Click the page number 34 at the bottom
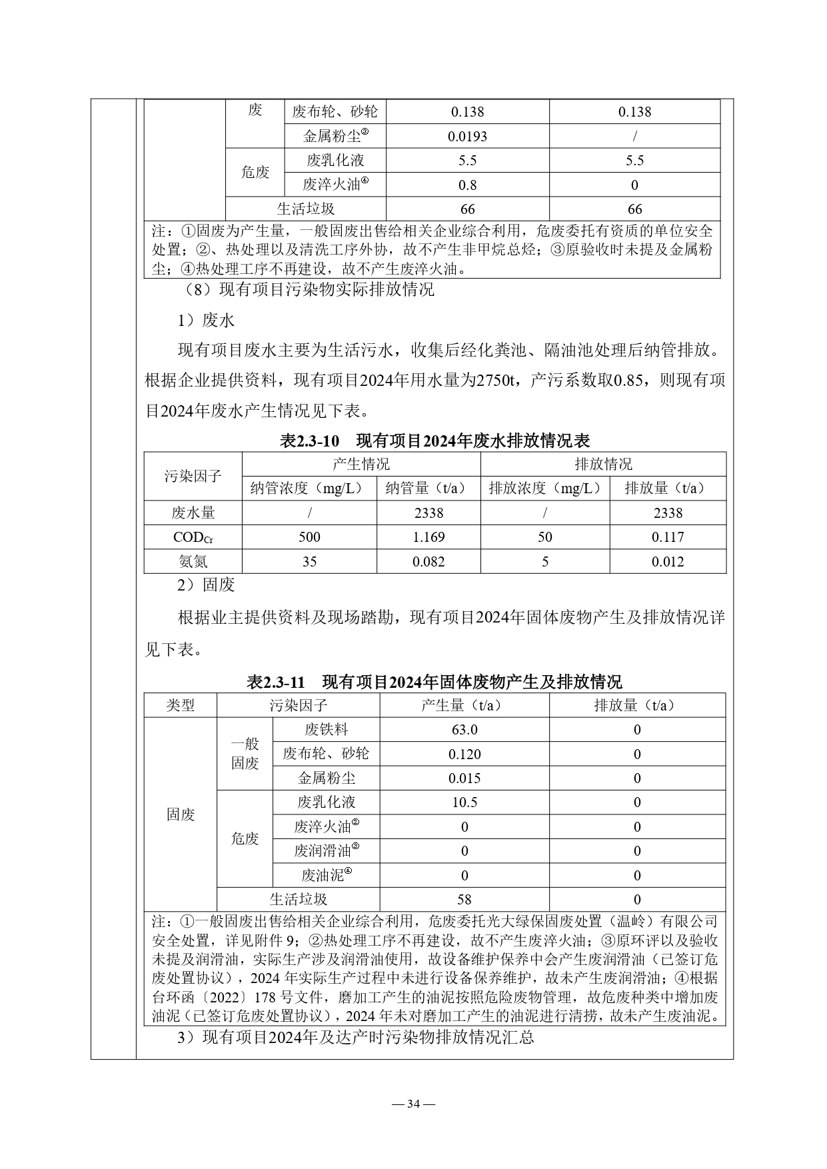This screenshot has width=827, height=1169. pos(413,1104)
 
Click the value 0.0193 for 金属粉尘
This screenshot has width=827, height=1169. pos(467,136)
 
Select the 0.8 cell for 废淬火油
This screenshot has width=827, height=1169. pos(467,185)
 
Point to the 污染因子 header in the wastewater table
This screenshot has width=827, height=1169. pos(193,476)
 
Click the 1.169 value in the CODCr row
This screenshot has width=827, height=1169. pos(428,537)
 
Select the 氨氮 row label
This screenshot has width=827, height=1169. pos(193,561)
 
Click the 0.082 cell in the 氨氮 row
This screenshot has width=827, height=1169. pos(428,561)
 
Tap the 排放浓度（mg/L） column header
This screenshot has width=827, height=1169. pos(544,488)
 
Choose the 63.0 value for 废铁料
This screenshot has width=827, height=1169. pos(464,729)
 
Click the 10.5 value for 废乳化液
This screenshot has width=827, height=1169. pos(464,802)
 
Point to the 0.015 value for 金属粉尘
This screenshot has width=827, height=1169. pos(464,778)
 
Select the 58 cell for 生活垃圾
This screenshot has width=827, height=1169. pos(464,899)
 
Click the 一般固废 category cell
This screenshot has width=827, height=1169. pos(245,754)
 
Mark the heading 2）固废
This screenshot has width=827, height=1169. pos(206,585)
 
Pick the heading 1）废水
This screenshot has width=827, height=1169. pos(206,321)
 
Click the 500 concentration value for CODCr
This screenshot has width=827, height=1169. pos(309,537)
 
